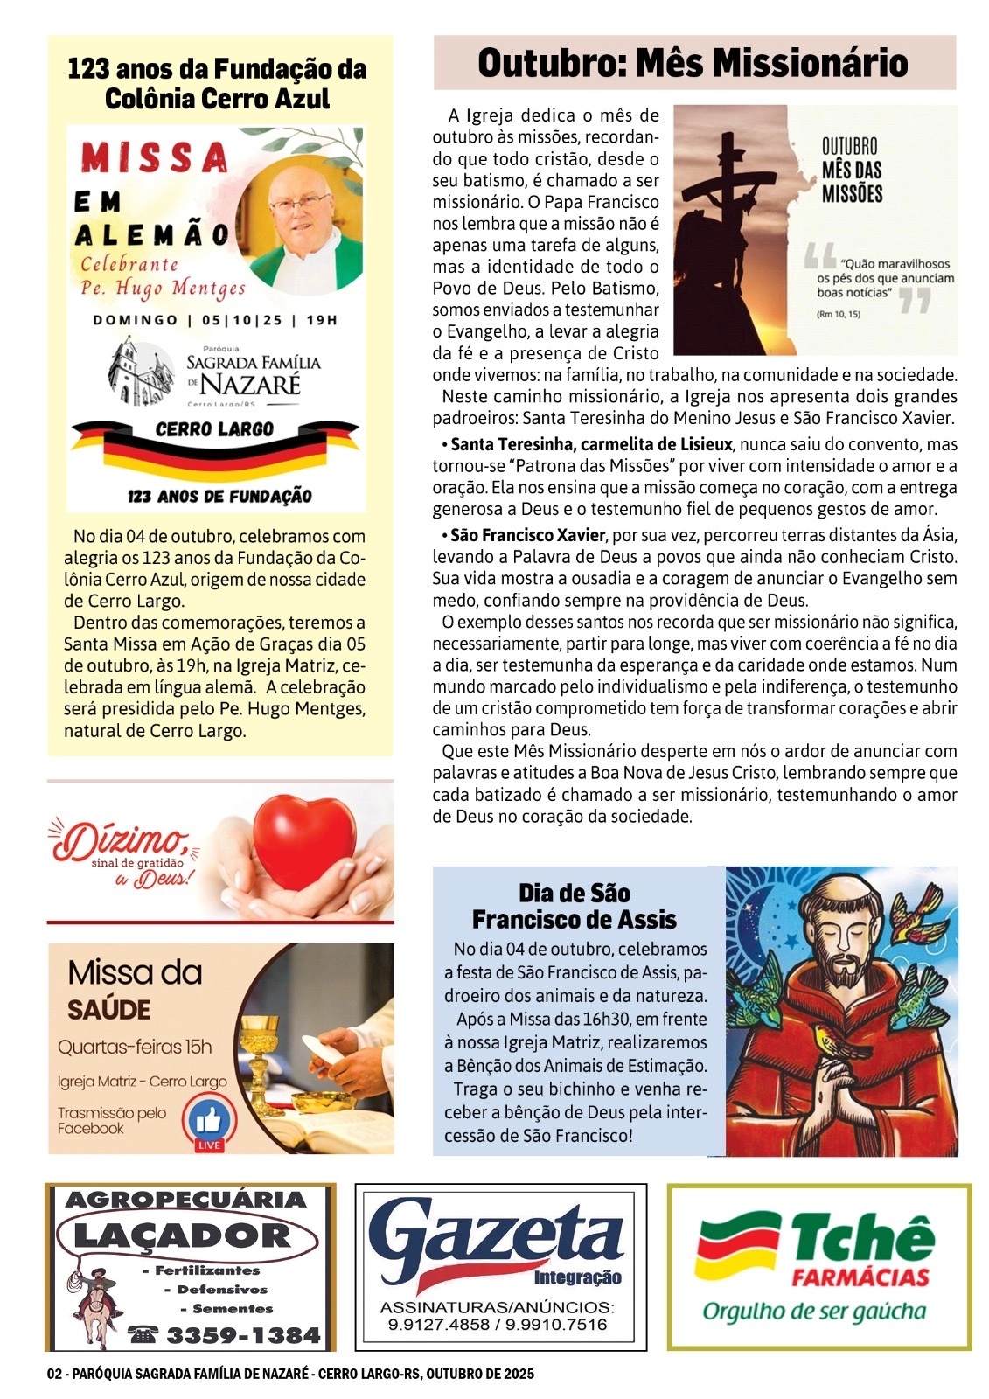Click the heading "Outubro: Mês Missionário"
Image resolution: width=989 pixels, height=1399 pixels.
click(693, 63)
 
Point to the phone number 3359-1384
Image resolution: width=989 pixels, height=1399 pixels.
click(242, 1335)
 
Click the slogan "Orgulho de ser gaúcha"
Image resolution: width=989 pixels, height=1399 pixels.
click(813, 1312)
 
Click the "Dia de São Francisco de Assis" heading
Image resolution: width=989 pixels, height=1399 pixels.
click(575, 907)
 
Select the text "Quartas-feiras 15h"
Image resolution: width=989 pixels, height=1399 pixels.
click(135, 1047)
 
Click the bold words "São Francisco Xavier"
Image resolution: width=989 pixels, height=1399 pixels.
click(528, 535)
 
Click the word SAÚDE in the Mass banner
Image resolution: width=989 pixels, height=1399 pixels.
click(109, 1011)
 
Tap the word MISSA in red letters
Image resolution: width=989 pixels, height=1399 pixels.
click(155, 158)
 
